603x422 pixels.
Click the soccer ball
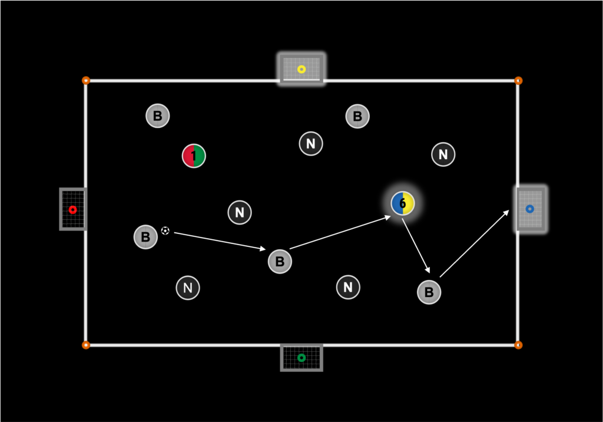click(x=165, y=230)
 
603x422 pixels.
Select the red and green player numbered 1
click(x=194, y=156)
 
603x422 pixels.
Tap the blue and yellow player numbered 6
click(x=403, y=203)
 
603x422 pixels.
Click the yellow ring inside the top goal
click(x=301, y=69)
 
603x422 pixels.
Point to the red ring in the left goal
click(x=72, y=210)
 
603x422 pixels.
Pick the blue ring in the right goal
click(x=529, y=209)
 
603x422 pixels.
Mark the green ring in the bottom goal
click(x=301, y=358)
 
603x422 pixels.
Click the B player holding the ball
click(x=145, y=237)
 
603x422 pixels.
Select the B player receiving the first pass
click(x=280, y=261)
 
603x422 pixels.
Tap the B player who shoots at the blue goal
click(x=429, y=292)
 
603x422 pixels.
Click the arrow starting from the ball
click(x=220, y=240)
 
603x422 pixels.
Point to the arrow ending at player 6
click(x=340, y=233)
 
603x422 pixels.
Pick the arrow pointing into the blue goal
click(x=474, y=244)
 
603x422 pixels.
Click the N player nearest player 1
click(x=240, y=212)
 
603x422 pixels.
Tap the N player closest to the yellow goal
click(x=311, y=143)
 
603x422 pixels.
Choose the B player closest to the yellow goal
click(x=357, y=116)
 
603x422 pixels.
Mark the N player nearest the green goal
click(x=348, y=287)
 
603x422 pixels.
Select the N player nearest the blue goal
click(x=443, y=154)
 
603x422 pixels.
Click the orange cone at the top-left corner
click(x=86, y=80)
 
